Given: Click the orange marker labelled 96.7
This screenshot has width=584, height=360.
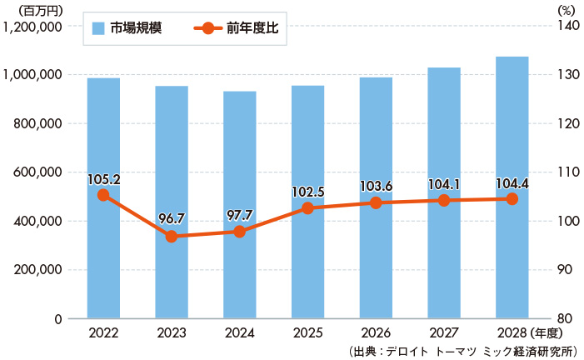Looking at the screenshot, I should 172,237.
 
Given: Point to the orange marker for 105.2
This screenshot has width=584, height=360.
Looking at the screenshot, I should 103,195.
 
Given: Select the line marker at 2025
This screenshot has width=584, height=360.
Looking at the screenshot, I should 307,208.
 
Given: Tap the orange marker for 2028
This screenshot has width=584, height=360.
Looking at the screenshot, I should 512,199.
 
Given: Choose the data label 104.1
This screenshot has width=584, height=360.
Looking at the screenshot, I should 444,183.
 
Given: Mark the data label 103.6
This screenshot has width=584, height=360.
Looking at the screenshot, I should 376,186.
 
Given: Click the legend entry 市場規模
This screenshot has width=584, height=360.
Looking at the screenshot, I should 126,28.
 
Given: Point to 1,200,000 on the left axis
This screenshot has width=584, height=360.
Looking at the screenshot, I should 34,26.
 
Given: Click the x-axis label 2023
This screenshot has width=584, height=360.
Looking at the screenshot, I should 172,332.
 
